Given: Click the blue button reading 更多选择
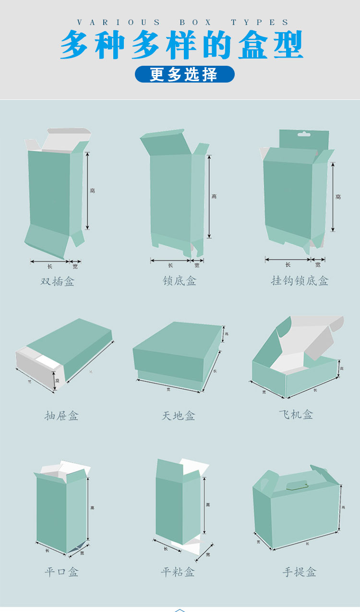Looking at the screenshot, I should pos(184,74).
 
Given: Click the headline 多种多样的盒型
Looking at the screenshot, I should pos(181,45).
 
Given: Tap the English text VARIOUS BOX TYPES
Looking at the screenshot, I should pos(183,23).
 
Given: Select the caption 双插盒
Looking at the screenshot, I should pos(58,281).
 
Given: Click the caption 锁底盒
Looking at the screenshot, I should pos(180,280).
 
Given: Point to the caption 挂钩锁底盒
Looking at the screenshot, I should pos(300,280).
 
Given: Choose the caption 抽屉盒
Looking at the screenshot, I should pos(61,416).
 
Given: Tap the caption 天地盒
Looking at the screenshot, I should pos(179,416).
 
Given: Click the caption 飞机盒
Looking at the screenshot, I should pos(296,414).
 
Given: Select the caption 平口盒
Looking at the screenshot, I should pos(61,572).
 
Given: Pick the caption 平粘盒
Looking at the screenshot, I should pos(178,572).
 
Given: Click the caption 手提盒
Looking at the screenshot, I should pos(300,572).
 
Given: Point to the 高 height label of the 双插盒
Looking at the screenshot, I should pos(92,191).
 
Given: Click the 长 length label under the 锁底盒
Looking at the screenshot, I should pos(170,265).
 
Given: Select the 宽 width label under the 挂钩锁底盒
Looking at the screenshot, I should pos(318,264).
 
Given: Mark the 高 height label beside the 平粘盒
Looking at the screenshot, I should pos(208,504).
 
